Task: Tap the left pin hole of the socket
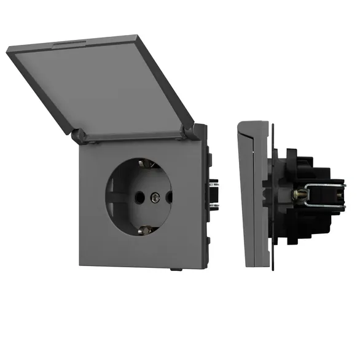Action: tap(136, 198)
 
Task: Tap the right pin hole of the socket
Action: tap(169, 198)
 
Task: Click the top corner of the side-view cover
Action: tap(240, 123)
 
